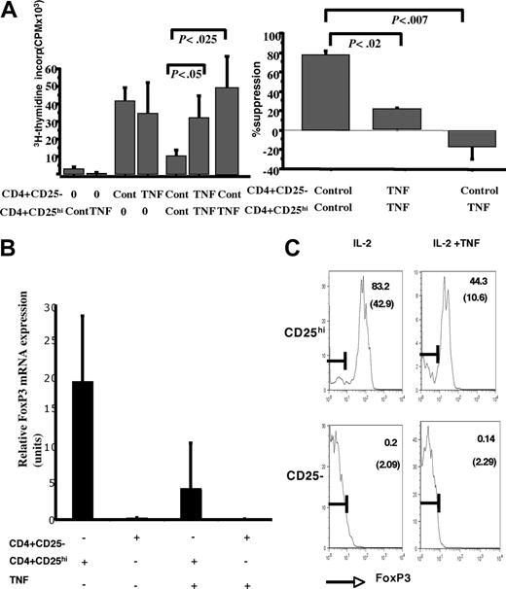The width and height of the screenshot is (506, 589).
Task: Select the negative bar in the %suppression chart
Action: [x=470, y=139]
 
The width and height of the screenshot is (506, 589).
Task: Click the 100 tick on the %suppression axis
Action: [x=271, y=36]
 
